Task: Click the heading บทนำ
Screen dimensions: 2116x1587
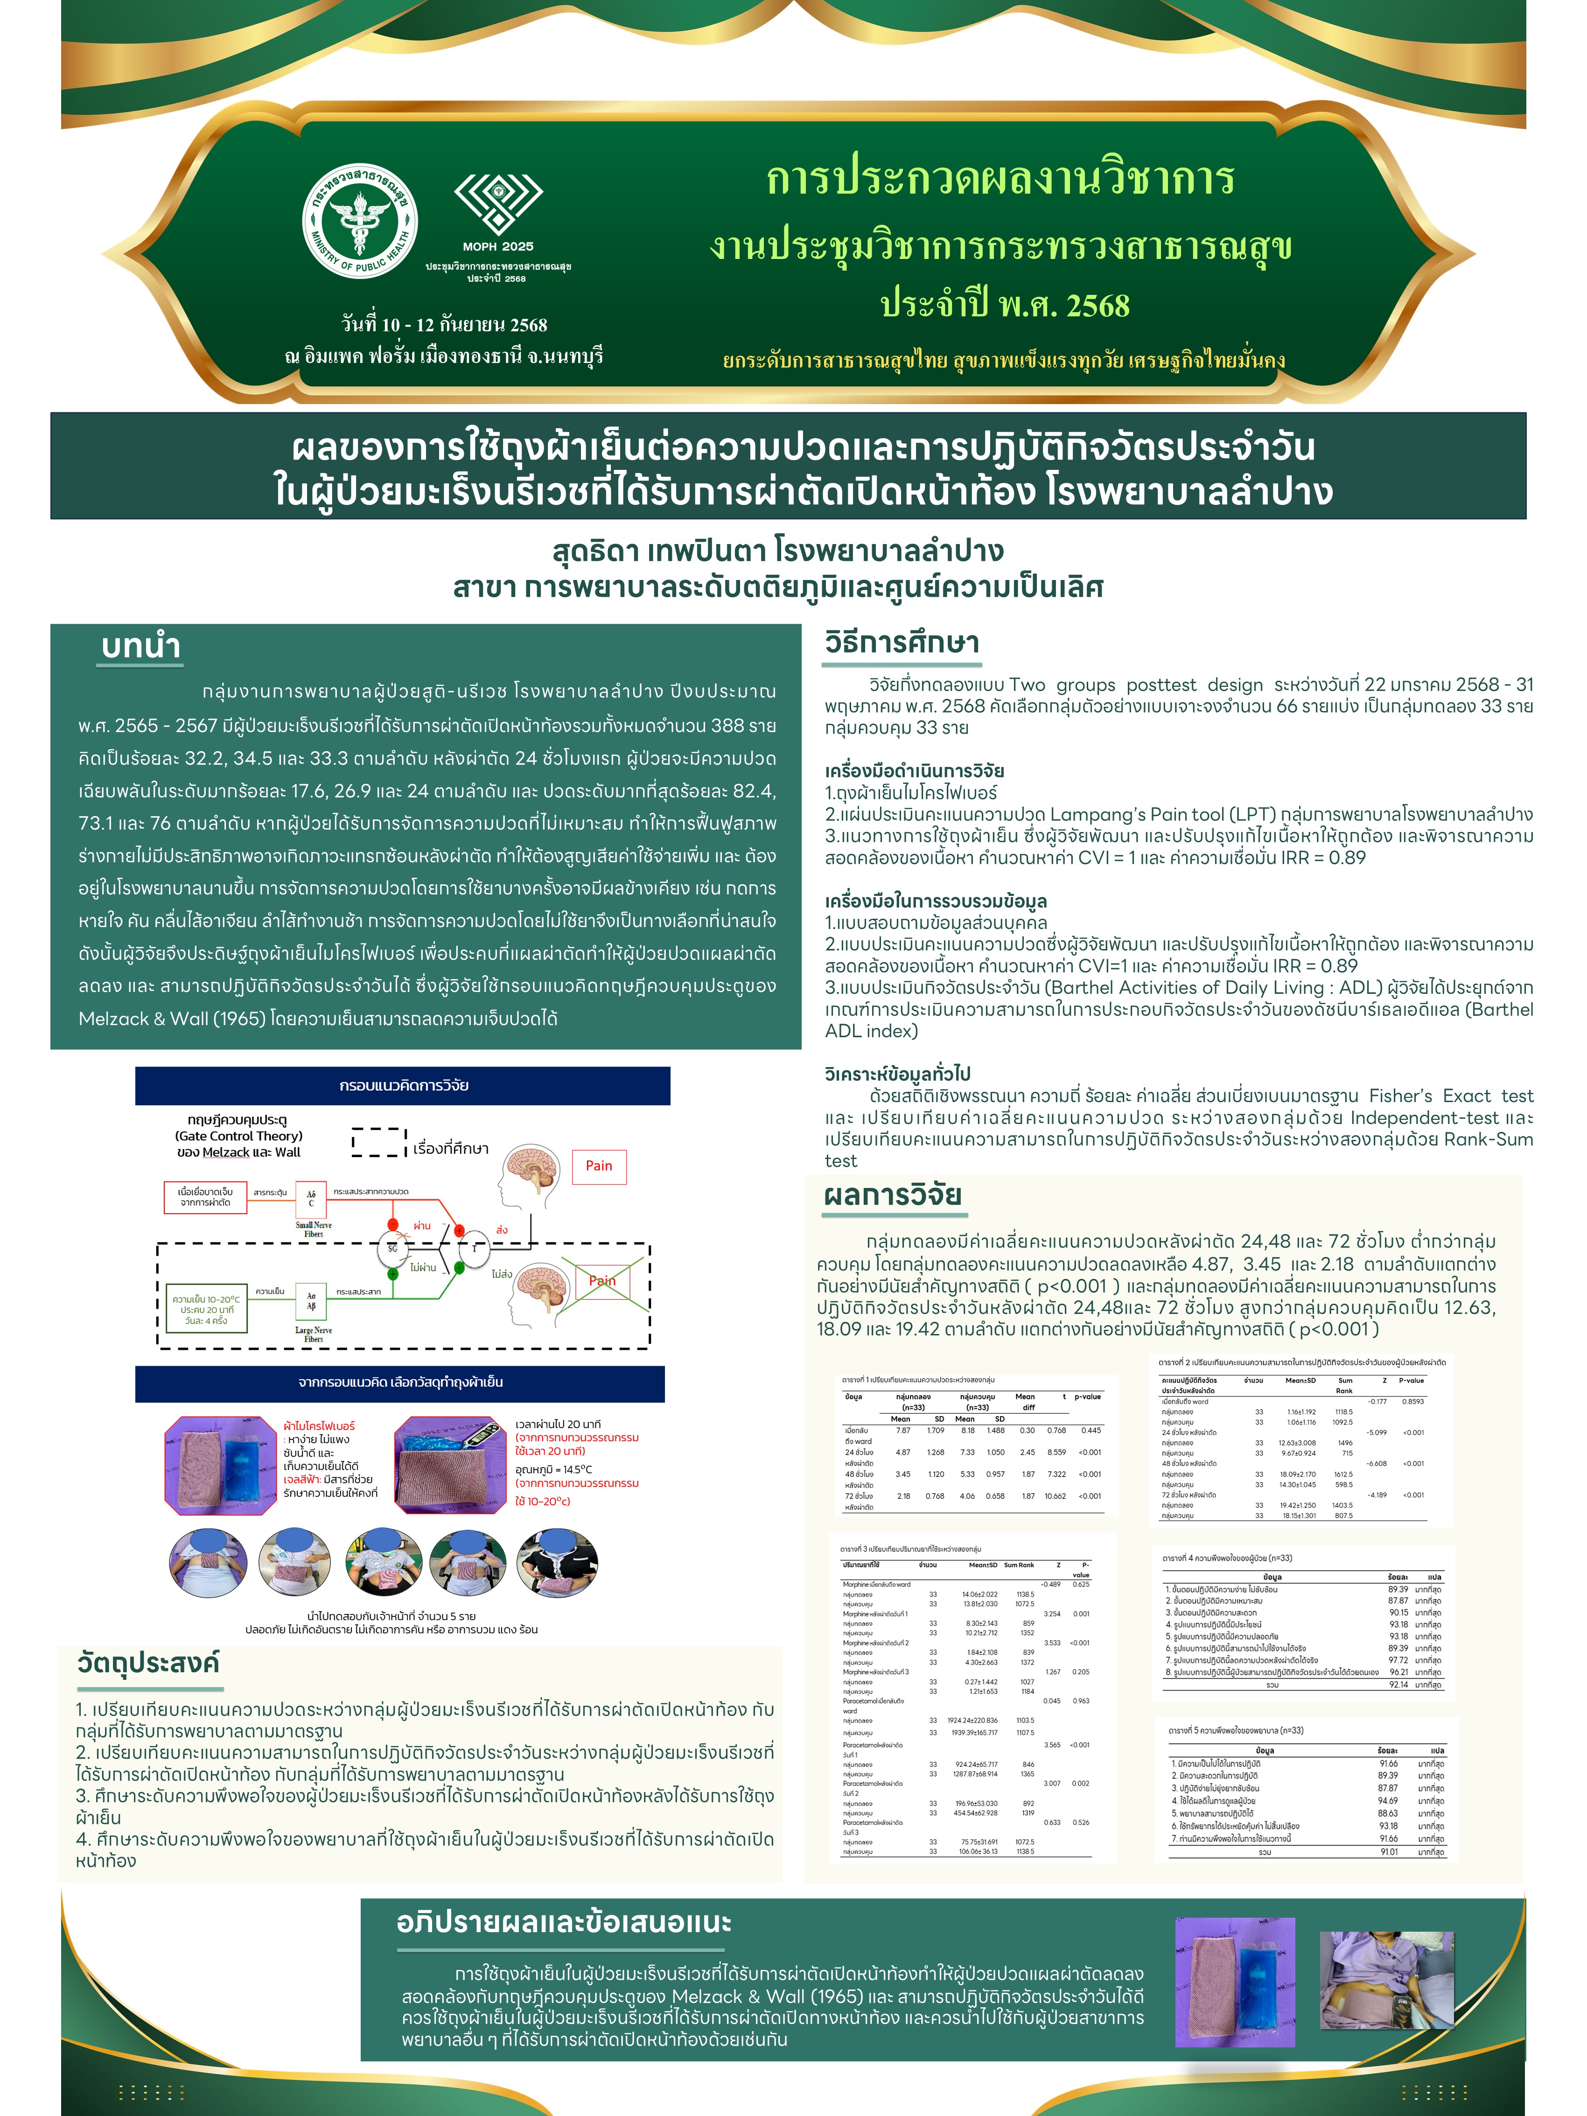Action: click(x=140, y=647)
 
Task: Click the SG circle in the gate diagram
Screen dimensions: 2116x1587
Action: click(x=392, y=1248)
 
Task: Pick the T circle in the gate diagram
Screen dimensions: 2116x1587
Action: click(x=475, y=1248)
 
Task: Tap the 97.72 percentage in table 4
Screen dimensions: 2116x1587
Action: click(x=1398, y=1661)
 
